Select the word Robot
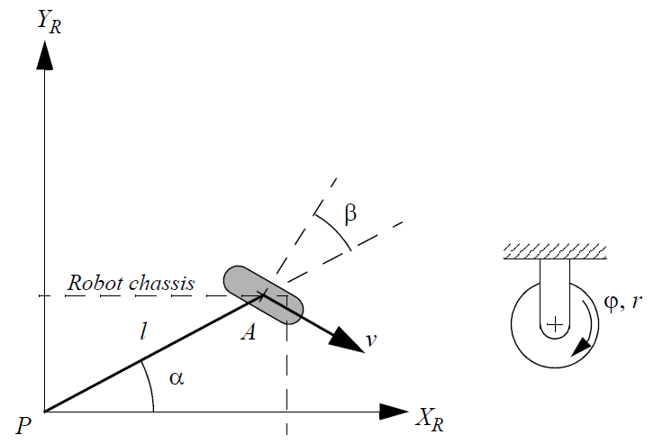tap(91, 283)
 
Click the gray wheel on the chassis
tap(263, 294)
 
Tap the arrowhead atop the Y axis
tap(42, 55)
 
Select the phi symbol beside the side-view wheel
tap(613, 302)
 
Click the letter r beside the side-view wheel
tap(637, 303)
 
